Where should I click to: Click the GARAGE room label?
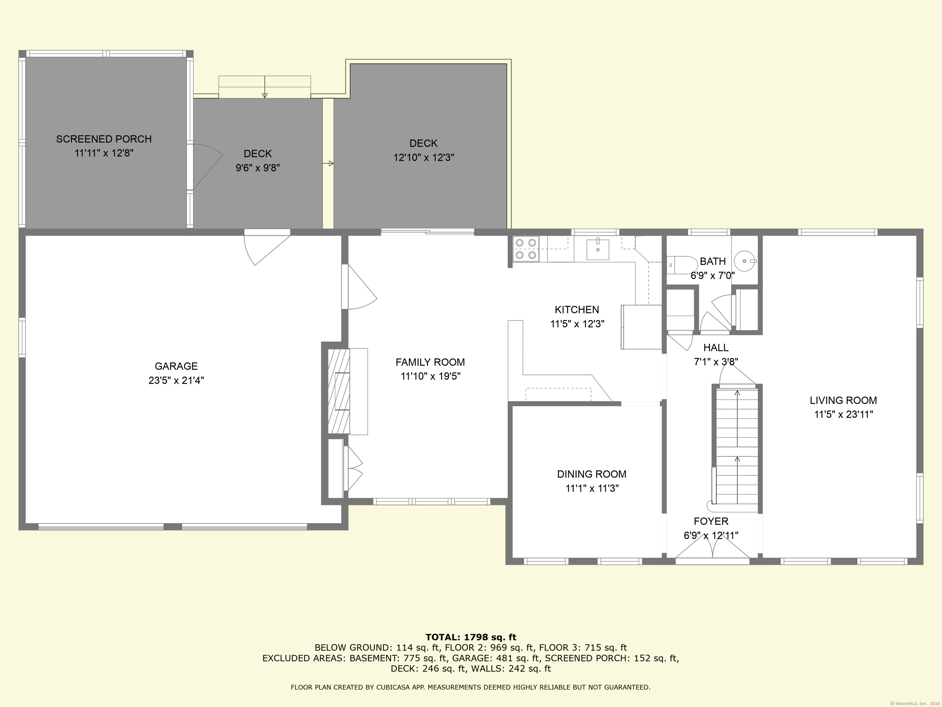176,366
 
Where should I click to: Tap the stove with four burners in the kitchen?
526,249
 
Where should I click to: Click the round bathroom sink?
745,261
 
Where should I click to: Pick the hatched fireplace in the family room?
339,391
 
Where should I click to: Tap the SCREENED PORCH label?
104,139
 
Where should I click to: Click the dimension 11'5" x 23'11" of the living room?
844,414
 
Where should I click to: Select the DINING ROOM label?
592,474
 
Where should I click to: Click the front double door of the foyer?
712,553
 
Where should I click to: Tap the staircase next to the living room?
737,447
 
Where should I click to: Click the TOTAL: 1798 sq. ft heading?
471,637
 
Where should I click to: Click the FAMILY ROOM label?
430,362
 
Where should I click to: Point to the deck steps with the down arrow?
264,87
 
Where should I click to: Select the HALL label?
716,348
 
